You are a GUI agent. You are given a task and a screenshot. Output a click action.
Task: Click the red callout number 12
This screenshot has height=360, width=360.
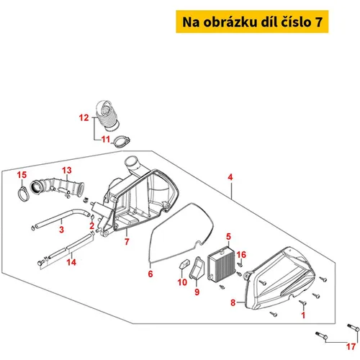point(84,117)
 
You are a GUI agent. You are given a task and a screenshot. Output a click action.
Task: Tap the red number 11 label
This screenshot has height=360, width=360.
point(106,139)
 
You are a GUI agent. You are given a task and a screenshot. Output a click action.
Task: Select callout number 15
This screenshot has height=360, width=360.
point(22,175)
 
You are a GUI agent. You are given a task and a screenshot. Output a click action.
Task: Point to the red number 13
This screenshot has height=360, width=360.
point(67,170)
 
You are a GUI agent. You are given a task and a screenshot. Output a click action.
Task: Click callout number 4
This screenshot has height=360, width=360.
point(230,177)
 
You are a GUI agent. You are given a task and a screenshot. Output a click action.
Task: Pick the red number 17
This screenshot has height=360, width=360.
point(351,346)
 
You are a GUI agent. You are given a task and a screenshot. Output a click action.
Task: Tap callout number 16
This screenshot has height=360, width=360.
point(241,255)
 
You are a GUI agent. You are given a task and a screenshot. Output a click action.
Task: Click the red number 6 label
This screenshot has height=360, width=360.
point(150,274)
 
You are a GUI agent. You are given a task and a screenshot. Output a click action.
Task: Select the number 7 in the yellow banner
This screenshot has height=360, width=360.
point(318,22)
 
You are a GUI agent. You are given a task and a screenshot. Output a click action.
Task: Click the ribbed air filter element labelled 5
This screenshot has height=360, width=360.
point(221,264)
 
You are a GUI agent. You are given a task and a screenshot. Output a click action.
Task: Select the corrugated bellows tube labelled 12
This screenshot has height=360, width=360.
point(107,116)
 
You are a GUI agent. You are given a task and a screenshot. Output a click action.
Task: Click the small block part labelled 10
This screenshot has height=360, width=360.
point(184,264)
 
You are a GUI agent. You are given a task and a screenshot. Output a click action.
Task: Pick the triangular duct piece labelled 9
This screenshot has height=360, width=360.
point(197,269)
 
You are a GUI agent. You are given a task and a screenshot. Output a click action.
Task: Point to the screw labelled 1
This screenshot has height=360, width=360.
point(302,303)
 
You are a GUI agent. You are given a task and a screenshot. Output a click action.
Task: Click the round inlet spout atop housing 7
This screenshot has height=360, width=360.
point(131,163)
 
